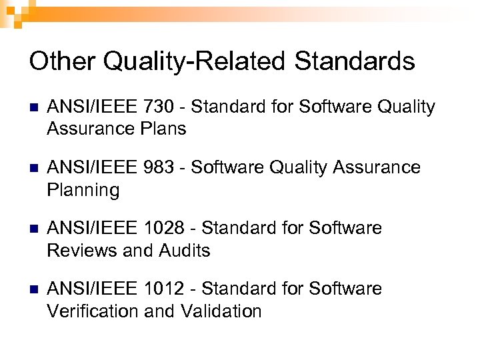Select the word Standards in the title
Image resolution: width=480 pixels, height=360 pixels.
coord(355,62)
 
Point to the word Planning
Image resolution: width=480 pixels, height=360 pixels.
coord(83,191)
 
